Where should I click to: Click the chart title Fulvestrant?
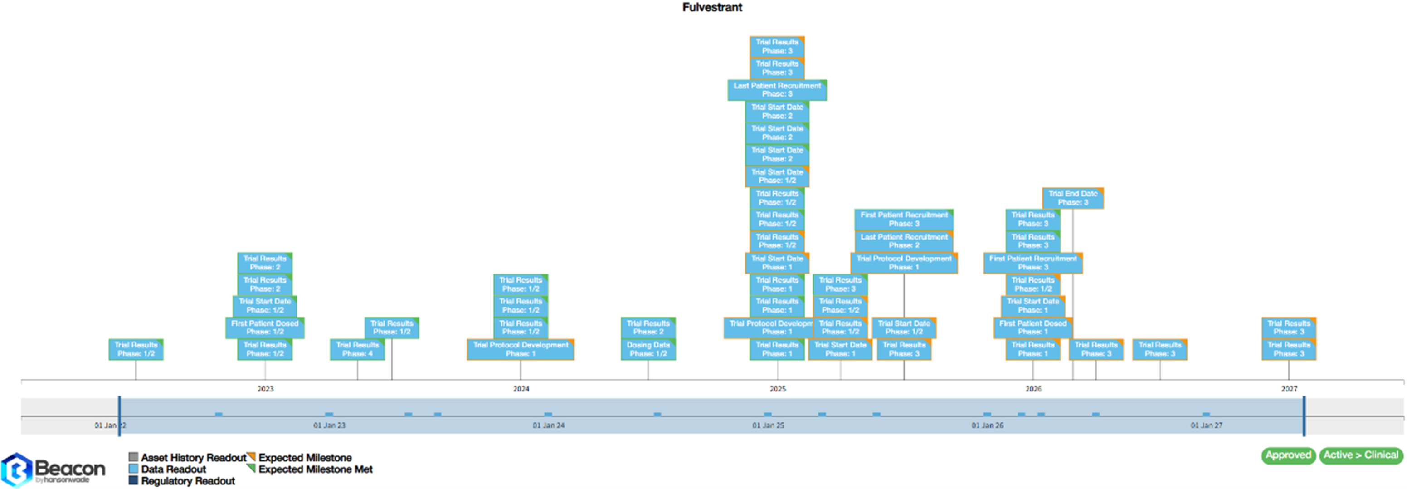pos(712,7)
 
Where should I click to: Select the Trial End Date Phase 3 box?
pos(1072,198)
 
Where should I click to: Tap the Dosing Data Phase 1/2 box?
pos(648,349)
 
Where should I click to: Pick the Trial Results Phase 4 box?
pos(357,349)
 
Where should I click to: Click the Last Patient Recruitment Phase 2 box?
pos(904,241)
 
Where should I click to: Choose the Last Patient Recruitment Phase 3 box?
pos(777,90)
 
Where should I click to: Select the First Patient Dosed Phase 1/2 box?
pos(264,327)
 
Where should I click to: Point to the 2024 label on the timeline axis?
pos(521,388)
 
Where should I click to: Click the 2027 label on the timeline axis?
pos(1289,388)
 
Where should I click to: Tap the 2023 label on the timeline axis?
pos(265,388)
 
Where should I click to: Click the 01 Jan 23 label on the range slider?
pos(329,425)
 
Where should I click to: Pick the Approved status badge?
pos(1288,455)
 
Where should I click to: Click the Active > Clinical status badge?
pos(1360,455)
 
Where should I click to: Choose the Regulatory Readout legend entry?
pos(187,481)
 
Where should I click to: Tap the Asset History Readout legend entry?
pos(193,457)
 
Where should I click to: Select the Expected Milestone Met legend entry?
pos(315,469)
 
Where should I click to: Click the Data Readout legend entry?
pos(173,469)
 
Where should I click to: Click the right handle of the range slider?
pos(1304,416)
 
